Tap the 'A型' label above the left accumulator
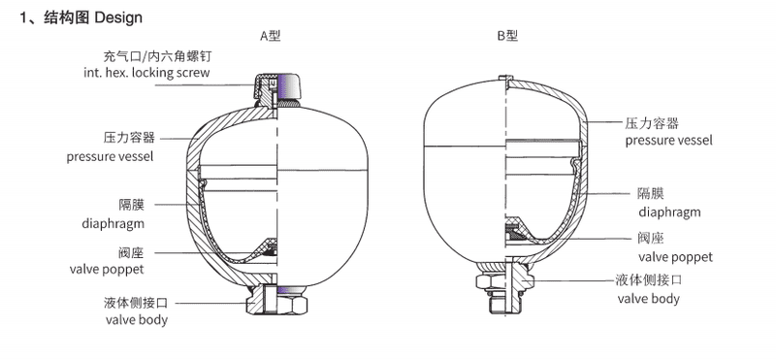point(270,37)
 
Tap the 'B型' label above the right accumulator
point(507,37)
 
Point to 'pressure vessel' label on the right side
point(668,141)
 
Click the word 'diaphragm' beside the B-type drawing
point(668,211)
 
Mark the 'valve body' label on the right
point(649,298)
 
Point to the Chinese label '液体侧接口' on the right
point(650,279)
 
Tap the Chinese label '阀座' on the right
point(650,239)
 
